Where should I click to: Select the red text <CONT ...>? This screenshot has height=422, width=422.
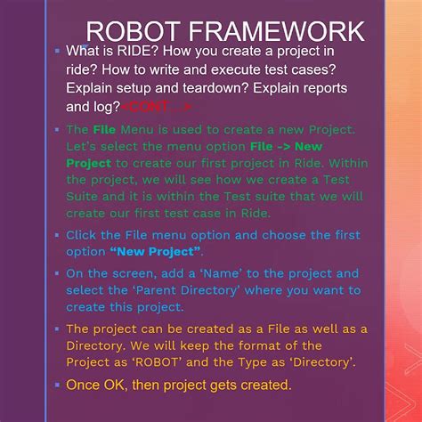point(158,107)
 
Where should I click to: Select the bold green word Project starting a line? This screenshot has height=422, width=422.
point(89,163)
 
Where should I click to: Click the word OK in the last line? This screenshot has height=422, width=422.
point(115,385)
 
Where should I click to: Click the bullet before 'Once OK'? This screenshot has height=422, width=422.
point(56,385)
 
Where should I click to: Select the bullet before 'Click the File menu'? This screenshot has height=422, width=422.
point(56,236)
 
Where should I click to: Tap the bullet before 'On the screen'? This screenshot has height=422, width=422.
point(56,274)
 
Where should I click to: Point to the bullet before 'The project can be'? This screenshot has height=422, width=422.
point(56,329)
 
